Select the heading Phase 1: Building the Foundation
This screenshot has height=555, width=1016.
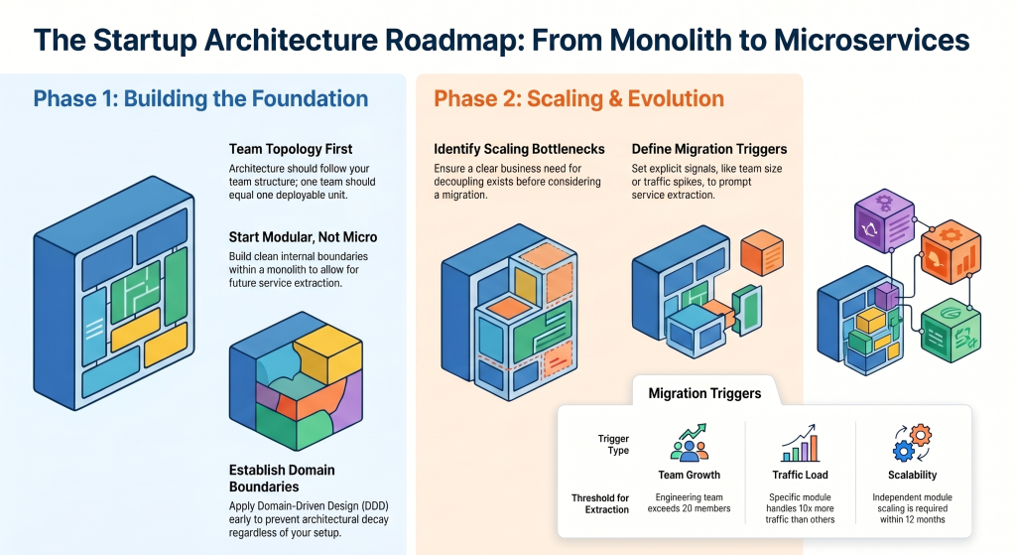click(x=200, y=99)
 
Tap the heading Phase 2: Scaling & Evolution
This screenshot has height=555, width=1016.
click(x=578, y=99)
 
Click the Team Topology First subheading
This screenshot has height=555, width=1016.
click(x=291, y=150)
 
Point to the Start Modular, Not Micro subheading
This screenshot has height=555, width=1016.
click(x=303, y=237)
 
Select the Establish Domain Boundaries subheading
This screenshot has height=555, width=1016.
click(x=281, y=478)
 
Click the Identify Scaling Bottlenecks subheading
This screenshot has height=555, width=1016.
click(x=519, y=150)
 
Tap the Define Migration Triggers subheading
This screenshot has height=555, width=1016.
click(x=709, y=150)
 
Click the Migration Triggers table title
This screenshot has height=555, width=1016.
click(x=704, y=393)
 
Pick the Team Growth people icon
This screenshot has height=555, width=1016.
click(x=690, y=444)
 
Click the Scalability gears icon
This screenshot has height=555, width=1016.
click(x=911, y=444)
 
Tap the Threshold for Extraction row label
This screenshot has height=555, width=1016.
click(x=600, y=503)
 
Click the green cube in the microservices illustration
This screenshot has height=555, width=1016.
click(x=950, y=328)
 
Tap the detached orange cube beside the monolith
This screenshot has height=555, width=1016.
click(x=763, y=252)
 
